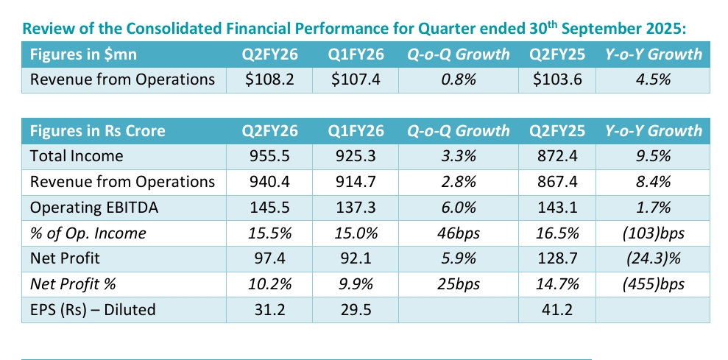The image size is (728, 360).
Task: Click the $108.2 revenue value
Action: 270,80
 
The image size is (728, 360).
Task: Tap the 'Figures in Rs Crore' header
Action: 97,131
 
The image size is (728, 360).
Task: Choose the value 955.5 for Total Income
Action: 270,156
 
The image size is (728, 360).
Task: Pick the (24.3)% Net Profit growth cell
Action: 653,258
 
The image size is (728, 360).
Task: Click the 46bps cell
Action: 459,233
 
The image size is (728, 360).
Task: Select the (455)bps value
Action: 653,284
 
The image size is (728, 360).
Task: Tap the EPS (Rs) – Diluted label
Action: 93,310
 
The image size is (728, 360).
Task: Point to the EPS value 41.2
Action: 556,310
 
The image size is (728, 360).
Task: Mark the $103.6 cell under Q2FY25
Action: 556,80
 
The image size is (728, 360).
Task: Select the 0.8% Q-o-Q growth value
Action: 459,80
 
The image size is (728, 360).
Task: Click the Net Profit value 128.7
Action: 556,258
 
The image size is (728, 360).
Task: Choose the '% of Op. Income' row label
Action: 88,233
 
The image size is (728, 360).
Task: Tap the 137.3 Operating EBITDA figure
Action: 356,208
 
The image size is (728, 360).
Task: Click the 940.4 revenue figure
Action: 270,182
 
